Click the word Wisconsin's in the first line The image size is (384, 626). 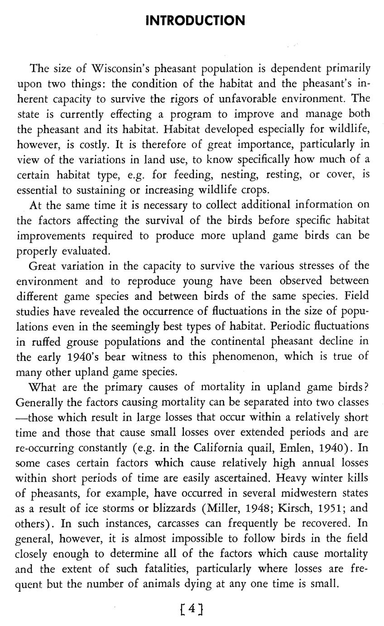coord(120,69)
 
